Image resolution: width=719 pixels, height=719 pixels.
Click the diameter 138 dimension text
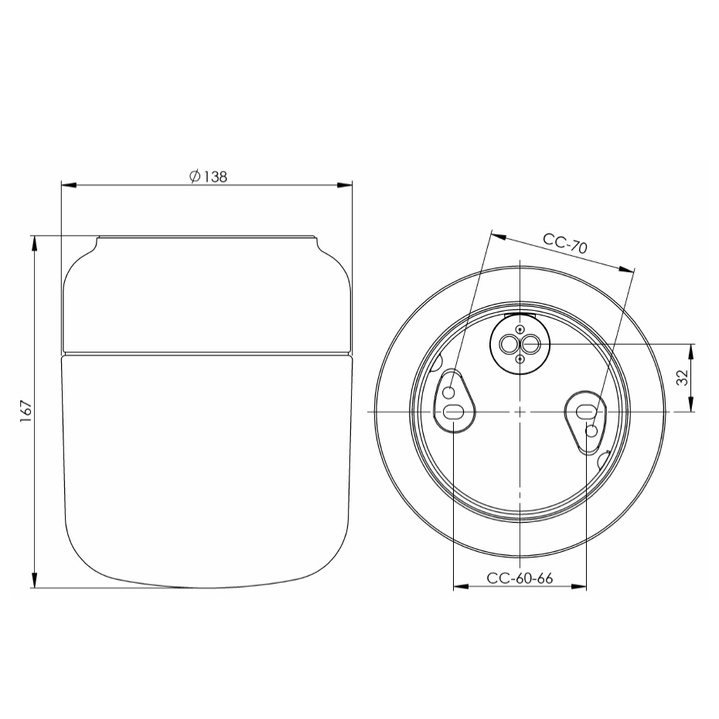pyautogui.click(x=208, y=176)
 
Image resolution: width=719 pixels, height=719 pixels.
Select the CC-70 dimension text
pyautogui.click(x=565, y=244)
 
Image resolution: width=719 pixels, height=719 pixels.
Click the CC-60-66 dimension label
pyautogui.click(x=520, y=579)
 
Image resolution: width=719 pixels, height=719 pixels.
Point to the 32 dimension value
pyautogui.click(x=681, y=378)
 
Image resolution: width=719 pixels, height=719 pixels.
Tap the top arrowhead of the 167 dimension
pyautogui.click(x=34, y=242)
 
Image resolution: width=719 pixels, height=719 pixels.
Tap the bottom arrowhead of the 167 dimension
pyautogui.click(x=34, y=581)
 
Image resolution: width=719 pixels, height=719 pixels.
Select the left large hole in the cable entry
pyautogui.click(x=510, y=343)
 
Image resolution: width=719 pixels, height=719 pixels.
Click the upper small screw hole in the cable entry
pyautogui.click(x=520, y=330)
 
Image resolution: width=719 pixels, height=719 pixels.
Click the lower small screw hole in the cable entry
pyautogui.click(x=520, y=357)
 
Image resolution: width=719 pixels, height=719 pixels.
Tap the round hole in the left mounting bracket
pyautogui.click(x=448, y=394)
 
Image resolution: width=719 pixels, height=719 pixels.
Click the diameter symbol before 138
pyautogui.click(x=195, y=176)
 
